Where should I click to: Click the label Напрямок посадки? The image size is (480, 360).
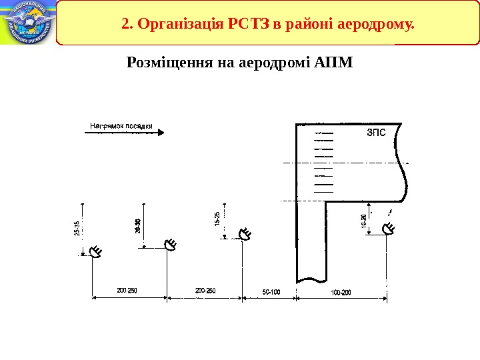[x=121, y=125]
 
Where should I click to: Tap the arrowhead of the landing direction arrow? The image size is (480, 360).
[x=160, y=133]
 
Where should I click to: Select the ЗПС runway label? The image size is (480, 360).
[x=377, y=133]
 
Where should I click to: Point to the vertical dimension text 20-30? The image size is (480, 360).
[x=138, y=227]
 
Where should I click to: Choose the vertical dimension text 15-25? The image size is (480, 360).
[x=217, y=219]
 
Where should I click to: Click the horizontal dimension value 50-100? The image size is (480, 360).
[x=271, y=291]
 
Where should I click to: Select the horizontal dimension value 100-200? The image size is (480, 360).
[x=341, y=291]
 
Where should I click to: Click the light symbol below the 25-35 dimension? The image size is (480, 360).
[x=96, y=252]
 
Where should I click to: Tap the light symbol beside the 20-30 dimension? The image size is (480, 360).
[x=171, y=245]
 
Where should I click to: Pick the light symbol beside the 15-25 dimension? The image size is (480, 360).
[x=245, y=234]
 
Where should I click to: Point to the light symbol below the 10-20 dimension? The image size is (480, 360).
[x=389, y=230]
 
